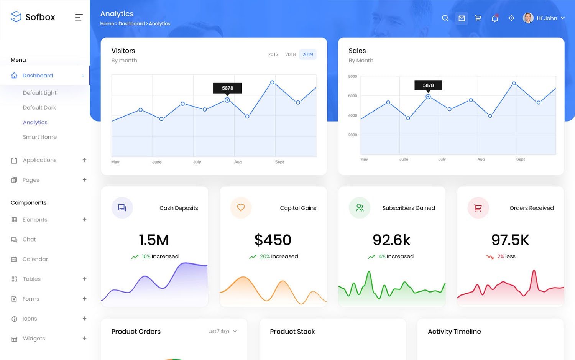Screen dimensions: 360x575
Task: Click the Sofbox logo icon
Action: [x=16, y=16]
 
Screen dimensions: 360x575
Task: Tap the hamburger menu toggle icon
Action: [x=79, y=17]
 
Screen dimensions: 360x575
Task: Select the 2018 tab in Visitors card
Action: [x=290, y=54]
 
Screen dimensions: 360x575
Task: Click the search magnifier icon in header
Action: [x=445, y=18]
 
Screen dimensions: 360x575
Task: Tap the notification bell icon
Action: [x=495, y=18]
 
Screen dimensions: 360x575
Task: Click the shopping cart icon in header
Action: [x=478, y=18]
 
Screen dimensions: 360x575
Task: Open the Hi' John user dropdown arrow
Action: [x=563, y=18]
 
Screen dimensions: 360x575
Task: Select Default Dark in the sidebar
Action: [x=39, y=108]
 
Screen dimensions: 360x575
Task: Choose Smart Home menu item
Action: [x=39, y=137]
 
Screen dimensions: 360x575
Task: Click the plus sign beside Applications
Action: [x=84, y=160]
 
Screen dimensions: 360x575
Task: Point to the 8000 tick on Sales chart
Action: [x=352, y=76]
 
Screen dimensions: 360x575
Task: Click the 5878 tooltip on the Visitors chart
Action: [x=227, y=88]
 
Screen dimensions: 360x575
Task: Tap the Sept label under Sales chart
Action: [x=520, y=159]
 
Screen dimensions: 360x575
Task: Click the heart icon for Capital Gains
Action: [x=241, y=208]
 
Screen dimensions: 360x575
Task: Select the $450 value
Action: [x=273, y=240]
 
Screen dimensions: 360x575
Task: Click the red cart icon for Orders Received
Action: [x=478, y=208]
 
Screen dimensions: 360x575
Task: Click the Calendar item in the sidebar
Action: [x=35, y=259]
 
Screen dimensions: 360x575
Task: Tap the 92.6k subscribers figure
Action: [x=391, y=240]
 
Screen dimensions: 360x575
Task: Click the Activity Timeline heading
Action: [x=454, y=332]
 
